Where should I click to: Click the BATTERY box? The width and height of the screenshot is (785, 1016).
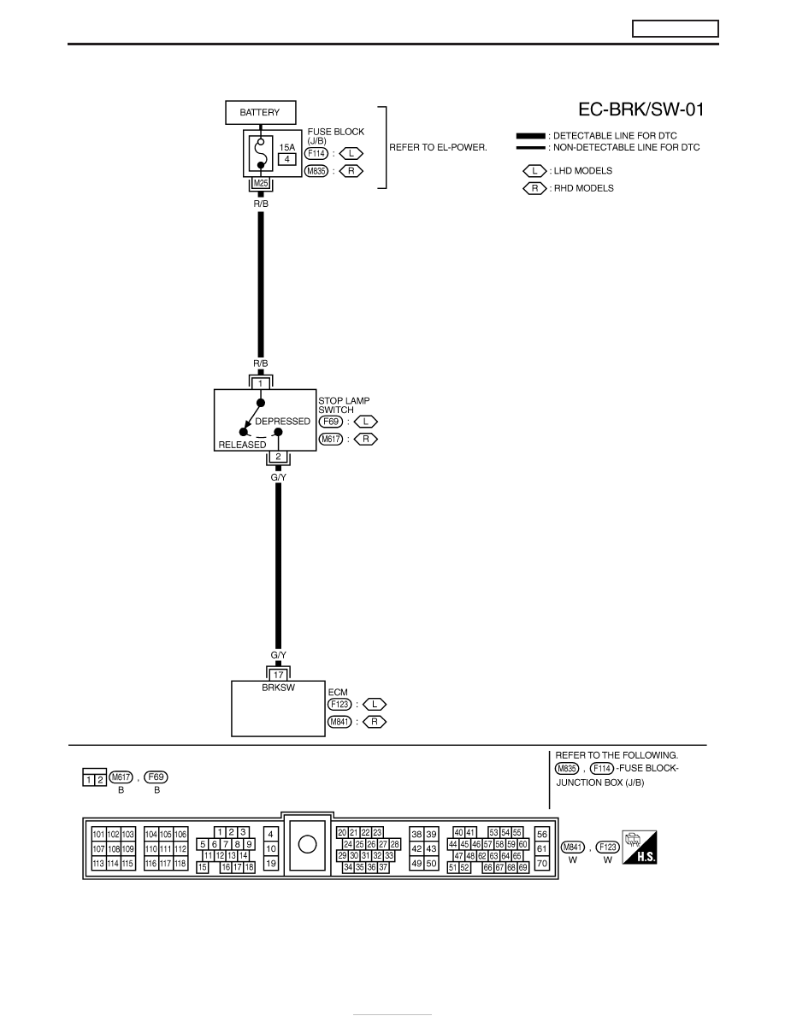click(x=260, y=112)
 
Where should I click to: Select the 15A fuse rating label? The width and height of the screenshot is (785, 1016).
click(x=287, y=147)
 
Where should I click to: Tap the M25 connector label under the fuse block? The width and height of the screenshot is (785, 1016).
click(x=260, y=183)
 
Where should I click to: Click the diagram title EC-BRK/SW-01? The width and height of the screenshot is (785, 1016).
click(x=640, y=109)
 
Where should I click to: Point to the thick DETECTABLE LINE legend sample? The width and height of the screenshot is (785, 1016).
click(x=530, y=136)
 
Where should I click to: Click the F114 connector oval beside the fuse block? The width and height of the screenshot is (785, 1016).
click(x=316, y=154)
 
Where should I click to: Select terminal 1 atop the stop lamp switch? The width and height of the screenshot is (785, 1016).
click(x=260, y=384)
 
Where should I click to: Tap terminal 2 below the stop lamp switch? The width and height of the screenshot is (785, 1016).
click(x=279, y=457)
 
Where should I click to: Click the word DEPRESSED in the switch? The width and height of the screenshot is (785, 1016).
click(x=282, y=421)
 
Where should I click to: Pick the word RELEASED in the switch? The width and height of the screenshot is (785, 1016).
click(x=242, y=445)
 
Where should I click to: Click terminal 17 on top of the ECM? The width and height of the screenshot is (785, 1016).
click(x=279, y=675)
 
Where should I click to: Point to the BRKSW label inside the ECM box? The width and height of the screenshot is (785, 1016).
click(x=279, y=688)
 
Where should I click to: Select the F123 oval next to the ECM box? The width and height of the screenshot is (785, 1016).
click(x=340, y=705)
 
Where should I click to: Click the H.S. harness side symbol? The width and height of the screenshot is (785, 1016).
click(x=640, y=847)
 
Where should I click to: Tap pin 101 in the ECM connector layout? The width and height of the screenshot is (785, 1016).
click(x=98, y=834)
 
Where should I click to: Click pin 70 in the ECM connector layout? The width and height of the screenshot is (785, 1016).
click(x=542, y=863)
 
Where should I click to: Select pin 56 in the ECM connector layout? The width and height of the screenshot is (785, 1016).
click(x=542, y=834)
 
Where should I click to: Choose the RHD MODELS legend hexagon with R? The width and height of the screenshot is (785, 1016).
click(x=534, y=188)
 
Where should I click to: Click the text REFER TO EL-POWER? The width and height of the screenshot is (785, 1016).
click(x=438, y=147)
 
